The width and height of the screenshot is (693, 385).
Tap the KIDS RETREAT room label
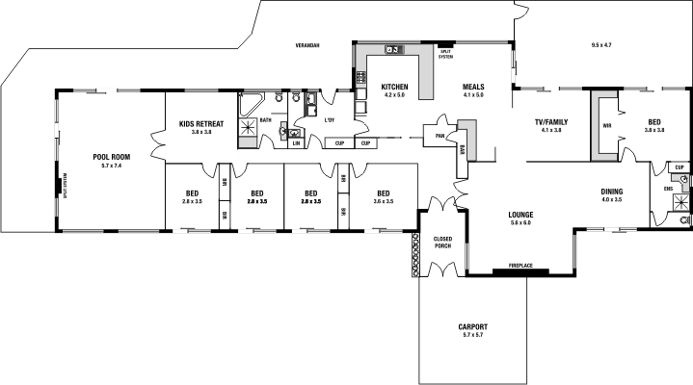click(x=200, y=122)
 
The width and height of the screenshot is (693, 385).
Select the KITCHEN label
click(x=395, y=87)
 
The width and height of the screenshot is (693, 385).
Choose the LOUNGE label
click(x=520, y=214)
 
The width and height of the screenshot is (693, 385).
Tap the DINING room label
click(x=612, y=191)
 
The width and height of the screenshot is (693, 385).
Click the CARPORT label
click(x=473, y=326)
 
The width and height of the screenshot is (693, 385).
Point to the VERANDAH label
click(x=308, y=46)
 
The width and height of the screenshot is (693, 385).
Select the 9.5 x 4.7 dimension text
click(x=601, y=45)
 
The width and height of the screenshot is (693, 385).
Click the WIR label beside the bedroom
click(x=607, y=125)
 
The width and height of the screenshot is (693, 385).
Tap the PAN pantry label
click(x=440, y=136)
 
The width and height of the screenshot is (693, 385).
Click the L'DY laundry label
click(x=329, y=119)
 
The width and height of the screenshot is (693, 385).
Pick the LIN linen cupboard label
click(x=296, y=143)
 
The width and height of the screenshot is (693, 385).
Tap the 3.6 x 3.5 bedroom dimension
click(x=384, y=200)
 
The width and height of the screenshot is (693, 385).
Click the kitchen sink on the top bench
click(x=393, y=49)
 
